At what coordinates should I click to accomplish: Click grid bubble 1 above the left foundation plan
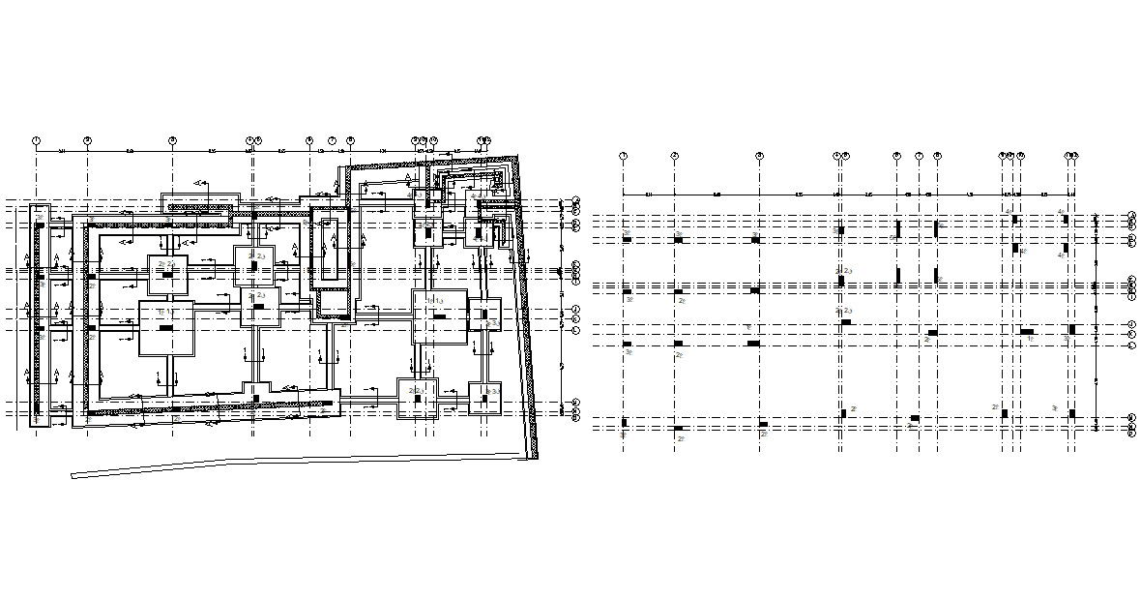(36, 140)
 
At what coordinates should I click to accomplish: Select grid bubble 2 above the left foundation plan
(87, 140)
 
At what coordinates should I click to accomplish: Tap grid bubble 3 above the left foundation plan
(172, 140)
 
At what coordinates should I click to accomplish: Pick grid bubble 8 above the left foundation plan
(350, 140)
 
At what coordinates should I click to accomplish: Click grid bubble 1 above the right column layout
(623, 155)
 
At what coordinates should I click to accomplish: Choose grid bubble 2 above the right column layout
(675, 155)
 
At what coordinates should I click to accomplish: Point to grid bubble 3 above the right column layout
(760, 155)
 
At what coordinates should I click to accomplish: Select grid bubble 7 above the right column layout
(919, 155)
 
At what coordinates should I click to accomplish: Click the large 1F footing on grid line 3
(166, 329)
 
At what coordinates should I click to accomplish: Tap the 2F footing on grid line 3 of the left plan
(167, 275)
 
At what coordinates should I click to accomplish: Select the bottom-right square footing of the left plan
(484, 398)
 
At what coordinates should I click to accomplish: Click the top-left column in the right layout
(627, 239)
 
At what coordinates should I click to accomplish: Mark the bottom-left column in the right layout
(625, 423)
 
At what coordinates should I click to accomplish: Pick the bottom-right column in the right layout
(1071, 414)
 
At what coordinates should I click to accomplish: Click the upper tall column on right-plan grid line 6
(898, 229)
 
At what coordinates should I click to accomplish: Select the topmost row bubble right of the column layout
(1132, 214)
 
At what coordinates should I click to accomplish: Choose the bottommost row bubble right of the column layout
(1132, 434)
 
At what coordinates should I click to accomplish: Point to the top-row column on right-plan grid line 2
(678, 239)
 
